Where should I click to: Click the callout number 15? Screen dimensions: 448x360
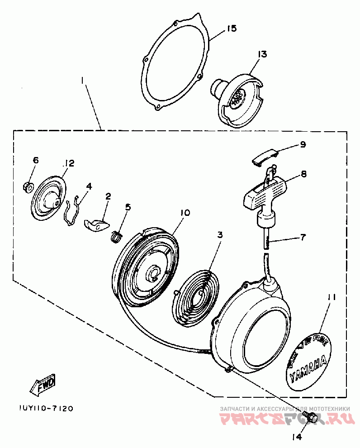231,29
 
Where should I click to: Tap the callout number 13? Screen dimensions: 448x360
262,54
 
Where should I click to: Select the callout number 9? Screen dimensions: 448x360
303,144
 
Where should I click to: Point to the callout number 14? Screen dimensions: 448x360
296,437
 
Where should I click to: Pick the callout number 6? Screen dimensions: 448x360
36,160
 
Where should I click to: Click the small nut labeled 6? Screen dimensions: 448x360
27,186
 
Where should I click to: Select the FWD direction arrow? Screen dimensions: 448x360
43,385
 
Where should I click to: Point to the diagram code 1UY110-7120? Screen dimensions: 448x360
46,408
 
